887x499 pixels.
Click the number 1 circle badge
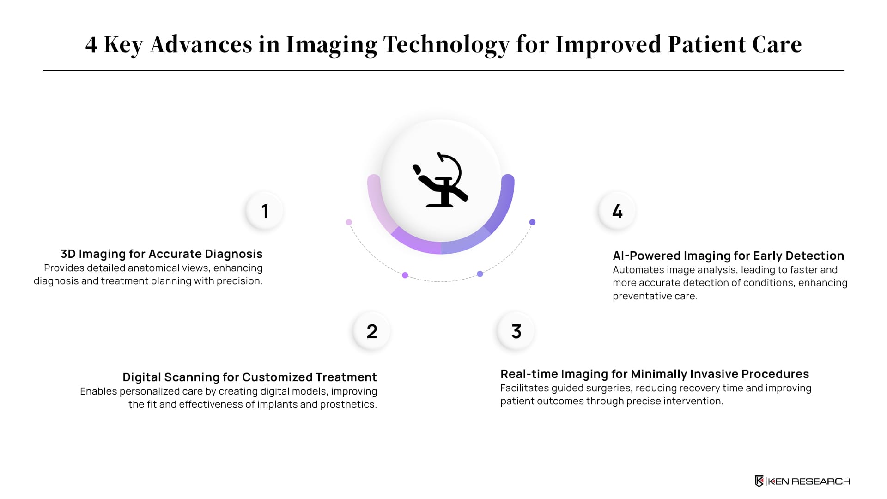coord(265,211)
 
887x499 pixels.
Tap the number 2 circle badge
coord(372,331)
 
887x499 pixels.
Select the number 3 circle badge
coord(516,331)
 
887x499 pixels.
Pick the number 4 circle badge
coord(617,211)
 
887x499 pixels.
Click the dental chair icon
coord(441,180)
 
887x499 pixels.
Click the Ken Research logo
coord(802,481)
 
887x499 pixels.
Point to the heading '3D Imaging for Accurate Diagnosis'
coord(162,254)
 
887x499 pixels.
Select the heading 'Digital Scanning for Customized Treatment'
coord(250,377)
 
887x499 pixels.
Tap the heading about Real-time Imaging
coord(655,374)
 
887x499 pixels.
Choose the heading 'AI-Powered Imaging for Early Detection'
coord(729,256)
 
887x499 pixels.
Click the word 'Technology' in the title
coord(446,45)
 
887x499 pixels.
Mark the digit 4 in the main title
coord(91,45)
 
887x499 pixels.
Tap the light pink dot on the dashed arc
coord(349,222)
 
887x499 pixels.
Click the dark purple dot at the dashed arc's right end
coord(532,222)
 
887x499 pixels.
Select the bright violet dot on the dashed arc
coord(405,275)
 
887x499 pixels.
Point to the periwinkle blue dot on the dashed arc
coord(480,274)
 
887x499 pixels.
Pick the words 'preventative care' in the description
coord(655,296)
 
